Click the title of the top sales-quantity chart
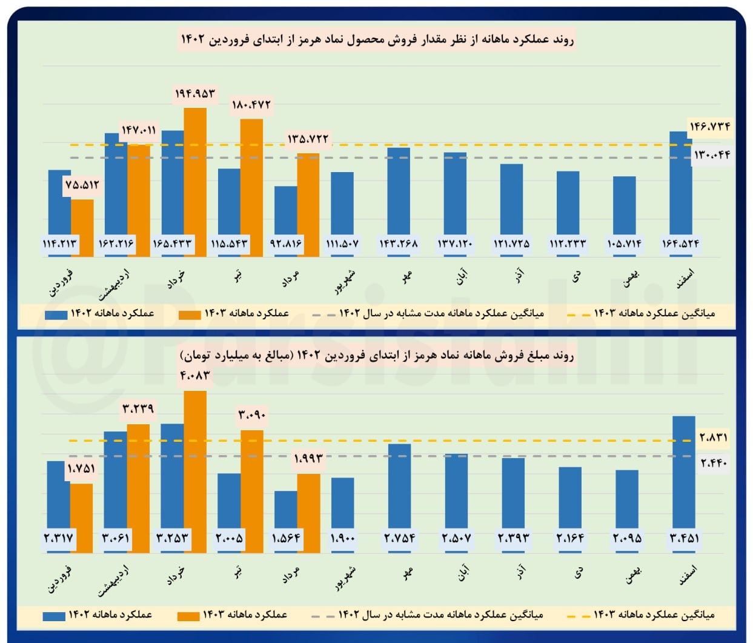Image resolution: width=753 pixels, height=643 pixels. click(377, 40)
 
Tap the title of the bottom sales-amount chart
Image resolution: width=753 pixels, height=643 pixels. click(377, 355)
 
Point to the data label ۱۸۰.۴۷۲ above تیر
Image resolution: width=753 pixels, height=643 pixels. click(251, 105)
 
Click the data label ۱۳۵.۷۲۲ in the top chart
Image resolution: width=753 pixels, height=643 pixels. click(308, 139)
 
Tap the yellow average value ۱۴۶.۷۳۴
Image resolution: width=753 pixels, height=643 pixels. click(709, 127)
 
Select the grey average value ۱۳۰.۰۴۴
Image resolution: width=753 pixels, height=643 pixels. click(712, 155)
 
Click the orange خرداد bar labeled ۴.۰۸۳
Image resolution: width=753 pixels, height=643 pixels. click(195, 467)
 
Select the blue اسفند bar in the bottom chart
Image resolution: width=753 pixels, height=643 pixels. click(684, 473)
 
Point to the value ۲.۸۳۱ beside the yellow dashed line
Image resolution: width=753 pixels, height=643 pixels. click(713, 437)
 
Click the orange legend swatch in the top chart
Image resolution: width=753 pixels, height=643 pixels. click(189, 315)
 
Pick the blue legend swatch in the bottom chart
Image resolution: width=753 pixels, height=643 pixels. click(54, 616)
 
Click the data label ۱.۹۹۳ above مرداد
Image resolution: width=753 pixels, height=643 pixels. click(308, 458)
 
